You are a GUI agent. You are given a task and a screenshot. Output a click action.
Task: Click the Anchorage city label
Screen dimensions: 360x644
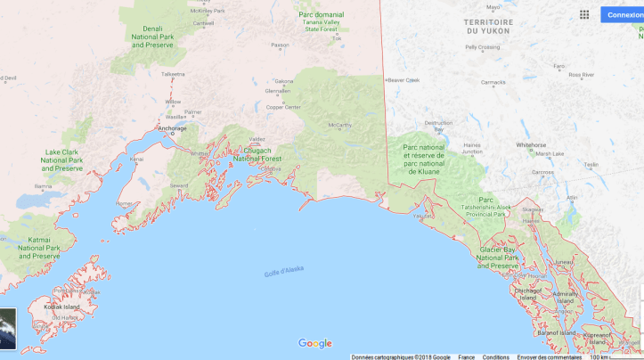click(x=172, y=128)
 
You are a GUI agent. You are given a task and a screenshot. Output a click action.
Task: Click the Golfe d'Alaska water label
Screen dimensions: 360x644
click(x=284, y=273)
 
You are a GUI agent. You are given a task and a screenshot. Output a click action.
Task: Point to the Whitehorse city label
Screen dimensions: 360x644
click(x=531, y=144)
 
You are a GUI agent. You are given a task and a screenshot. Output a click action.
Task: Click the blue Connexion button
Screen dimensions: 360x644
click(x=624, y=14)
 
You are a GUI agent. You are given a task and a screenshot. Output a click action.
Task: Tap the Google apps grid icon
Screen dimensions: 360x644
click(x=584, y=14)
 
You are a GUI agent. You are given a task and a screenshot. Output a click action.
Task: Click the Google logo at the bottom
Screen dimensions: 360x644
click(x=314, y=344)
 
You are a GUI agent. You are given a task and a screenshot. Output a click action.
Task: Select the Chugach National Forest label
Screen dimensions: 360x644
click(x=257, y=155)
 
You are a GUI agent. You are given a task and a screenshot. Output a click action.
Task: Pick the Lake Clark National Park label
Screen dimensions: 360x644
click(x=62, y=160)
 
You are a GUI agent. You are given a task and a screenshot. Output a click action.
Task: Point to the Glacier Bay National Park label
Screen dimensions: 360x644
click(x=497, y=258)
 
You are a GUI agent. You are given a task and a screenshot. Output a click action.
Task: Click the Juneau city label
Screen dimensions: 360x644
click(x=563, y=262)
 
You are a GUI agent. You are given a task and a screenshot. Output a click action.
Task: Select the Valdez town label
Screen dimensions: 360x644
click(x=257, y=140)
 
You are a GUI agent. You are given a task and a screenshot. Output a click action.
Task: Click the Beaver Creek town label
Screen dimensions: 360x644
click(x=404, y=79)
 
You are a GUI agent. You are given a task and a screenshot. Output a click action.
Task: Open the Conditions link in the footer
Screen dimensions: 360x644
click(x=496, y=356)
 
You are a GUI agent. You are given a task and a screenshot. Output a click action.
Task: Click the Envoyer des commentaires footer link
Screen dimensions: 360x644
click(x=549, y=356)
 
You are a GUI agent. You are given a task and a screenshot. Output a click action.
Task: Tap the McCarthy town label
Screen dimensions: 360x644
click(x=339, y=126)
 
